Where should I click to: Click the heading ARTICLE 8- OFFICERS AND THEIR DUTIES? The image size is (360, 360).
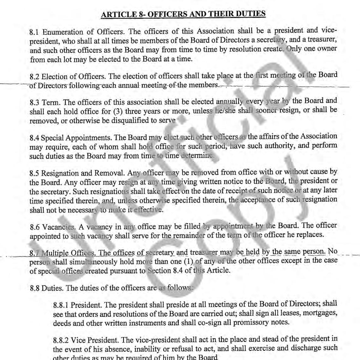(183, 14)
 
